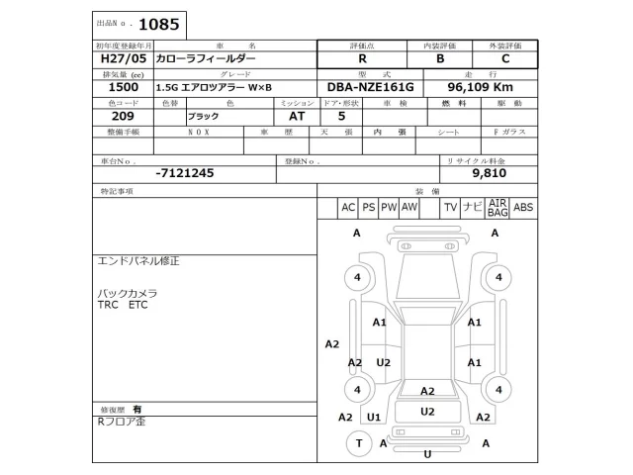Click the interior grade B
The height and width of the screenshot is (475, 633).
pyautogui.click(x=440, y=59)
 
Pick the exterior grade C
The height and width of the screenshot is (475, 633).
pyautogui.click(x=506, y=59)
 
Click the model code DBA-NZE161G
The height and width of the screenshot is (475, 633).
pyautogui.click(x=371, y=87)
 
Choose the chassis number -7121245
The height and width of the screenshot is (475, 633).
pyautogui.click(x=184, y=172)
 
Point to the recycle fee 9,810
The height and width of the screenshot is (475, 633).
pyautogui.click(x=489, y=172)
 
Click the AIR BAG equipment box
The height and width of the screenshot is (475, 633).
pyautogui.click(x=497, y=207)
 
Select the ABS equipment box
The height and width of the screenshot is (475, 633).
pyautogui.click(x=524, y=207)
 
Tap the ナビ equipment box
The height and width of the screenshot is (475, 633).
pyautogui.click(x=473, y=207)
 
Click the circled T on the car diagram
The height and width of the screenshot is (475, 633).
pyautogui.click(x=357, y=443)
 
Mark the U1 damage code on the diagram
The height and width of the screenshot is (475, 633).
pyautogui.click(x=374, y=418)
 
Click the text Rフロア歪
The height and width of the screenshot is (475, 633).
pyautogui.click(x=121, y=421)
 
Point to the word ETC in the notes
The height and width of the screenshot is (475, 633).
pyautogui.click(x=137, y=305)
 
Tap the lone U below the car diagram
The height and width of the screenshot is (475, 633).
pyautogui.click(x=427, y=454)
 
